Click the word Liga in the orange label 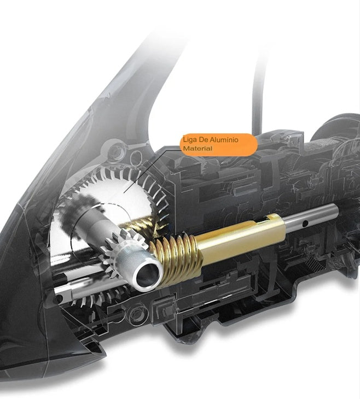click(189, 140)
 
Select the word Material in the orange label click(198, 148)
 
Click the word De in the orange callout click(200, 140)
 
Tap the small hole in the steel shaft click(305, 224)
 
